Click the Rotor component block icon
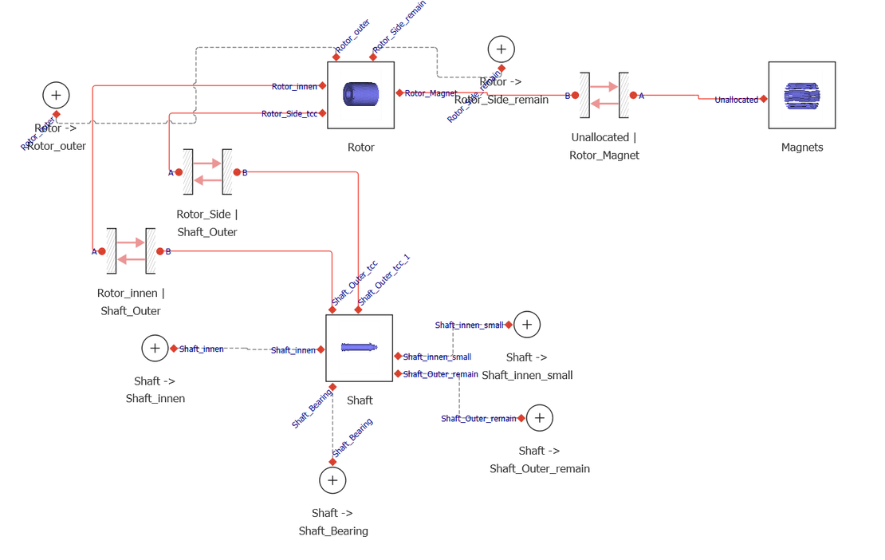(x=360, y=95)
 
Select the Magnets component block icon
(x=801, y=95)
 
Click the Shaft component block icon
(x=359, y=348)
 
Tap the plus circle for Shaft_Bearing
(x=332, y=480)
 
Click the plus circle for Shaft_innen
(x=155, y=349)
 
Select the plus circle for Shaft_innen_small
(x=527, y=325)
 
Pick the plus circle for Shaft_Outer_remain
(x=540, y=418)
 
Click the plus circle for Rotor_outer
(x=56, y=96)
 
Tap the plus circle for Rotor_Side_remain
(x=501, y=49)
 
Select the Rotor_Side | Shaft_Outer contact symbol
(x=207, y=172)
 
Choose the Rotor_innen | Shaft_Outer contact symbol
(x=131, y=250)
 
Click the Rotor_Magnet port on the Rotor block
(x=399, y=93)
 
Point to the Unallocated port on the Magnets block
(x=764, y=99)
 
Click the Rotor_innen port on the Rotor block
(x=322, y=85)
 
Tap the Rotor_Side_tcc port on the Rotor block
(x=322, y=113)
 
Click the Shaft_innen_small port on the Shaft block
(x=397, y=357)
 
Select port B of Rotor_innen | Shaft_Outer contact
(x=159, y=251)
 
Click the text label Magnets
(x=801, y=148)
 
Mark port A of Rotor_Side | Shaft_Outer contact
(x=179, y=172)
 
